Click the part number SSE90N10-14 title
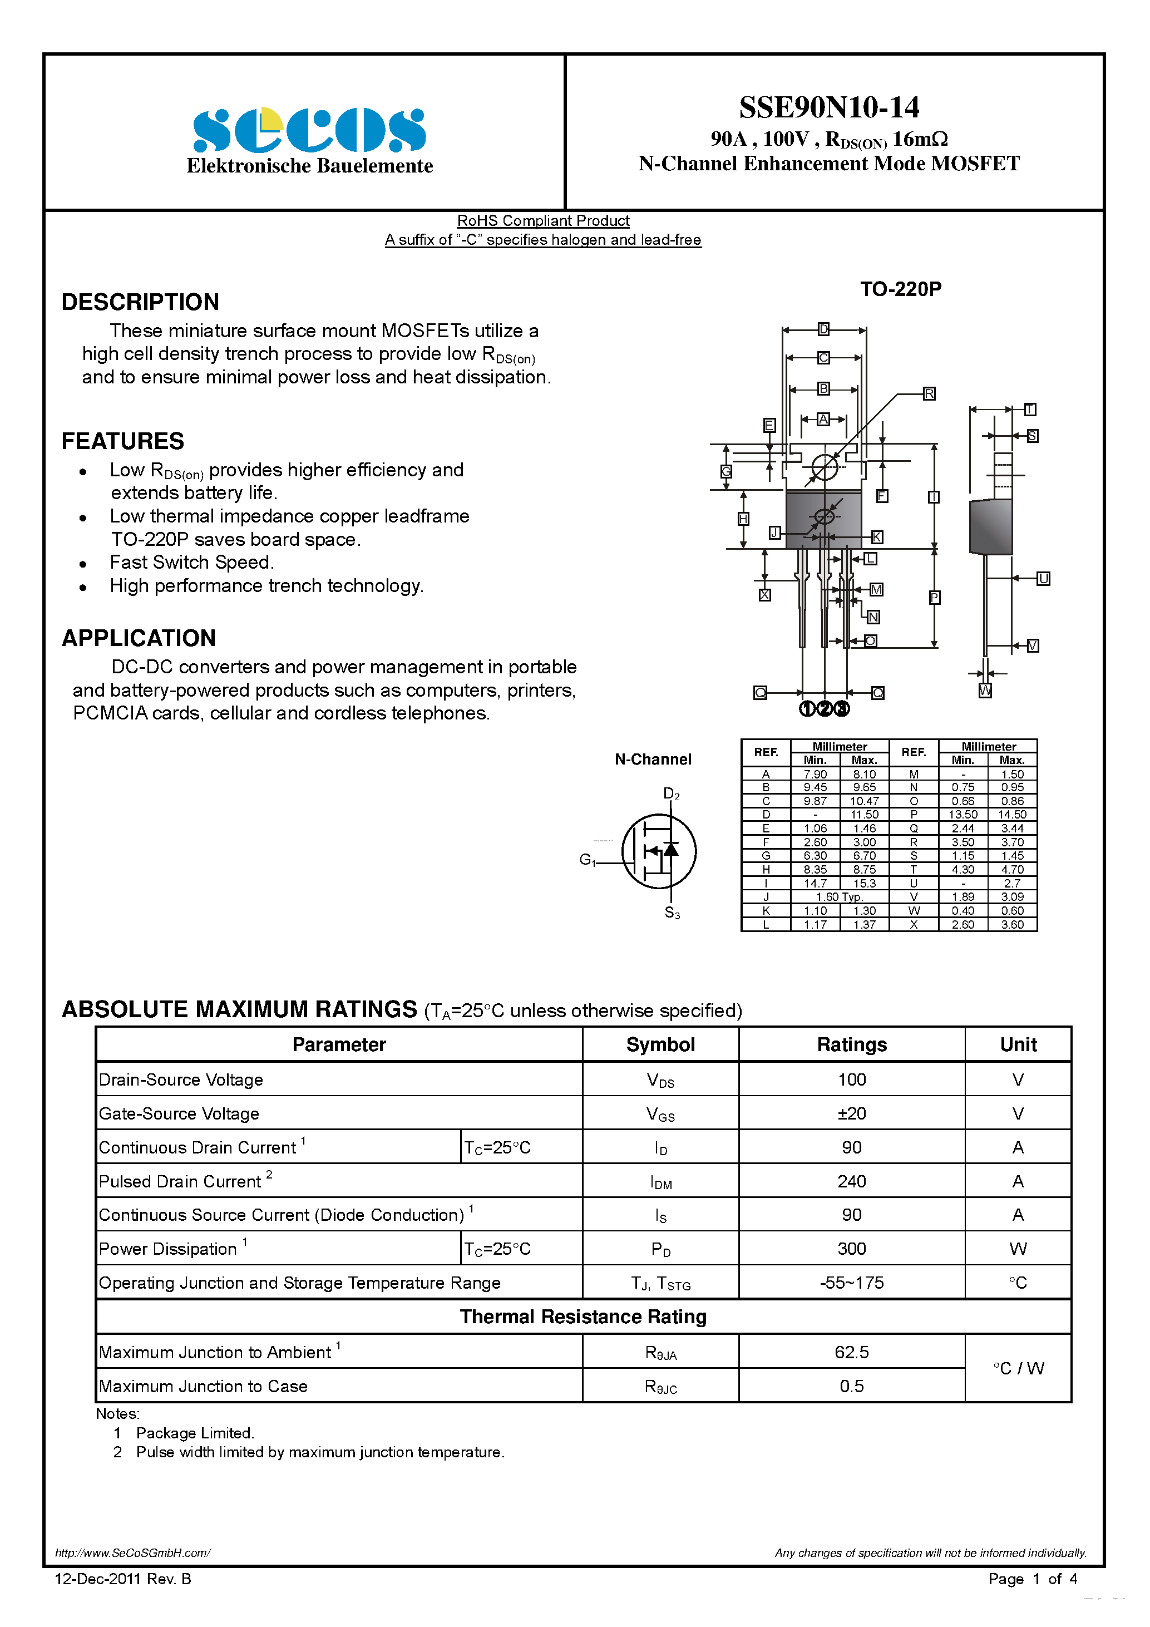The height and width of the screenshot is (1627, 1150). (x=829, y=108)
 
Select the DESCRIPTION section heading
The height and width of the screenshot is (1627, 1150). (x=140, y=302)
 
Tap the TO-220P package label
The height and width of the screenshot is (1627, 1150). (x=901, y=289)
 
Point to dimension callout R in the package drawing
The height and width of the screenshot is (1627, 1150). (x=929, y=393)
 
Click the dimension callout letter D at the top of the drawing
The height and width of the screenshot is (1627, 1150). (x=823, y=329)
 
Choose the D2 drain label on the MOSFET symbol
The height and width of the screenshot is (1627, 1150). (x=671, y=793)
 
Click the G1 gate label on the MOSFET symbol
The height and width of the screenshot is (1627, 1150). (x=588, y=860)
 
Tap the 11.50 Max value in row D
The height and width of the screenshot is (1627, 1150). (x=865, y=814)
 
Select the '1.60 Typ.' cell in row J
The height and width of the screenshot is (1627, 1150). (x=840, y=896)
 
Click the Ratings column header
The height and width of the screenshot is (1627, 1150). (x=852, y=1044)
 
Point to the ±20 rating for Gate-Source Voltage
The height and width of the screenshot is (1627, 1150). (x=852, y=1113)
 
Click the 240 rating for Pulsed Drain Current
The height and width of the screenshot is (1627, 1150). (x=852, y=1181)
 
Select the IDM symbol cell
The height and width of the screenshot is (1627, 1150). (x=660, y=1182)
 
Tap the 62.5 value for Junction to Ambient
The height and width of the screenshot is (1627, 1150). (x=852, y=1352)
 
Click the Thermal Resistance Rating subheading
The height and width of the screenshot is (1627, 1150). (x=583, y=1317)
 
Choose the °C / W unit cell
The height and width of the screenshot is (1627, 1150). (x=1018, y=1368)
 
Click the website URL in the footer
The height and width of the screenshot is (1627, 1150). (x=132, y=1552)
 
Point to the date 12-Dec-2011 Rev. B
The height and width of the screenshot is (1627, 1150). (x=122, y=1579)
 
